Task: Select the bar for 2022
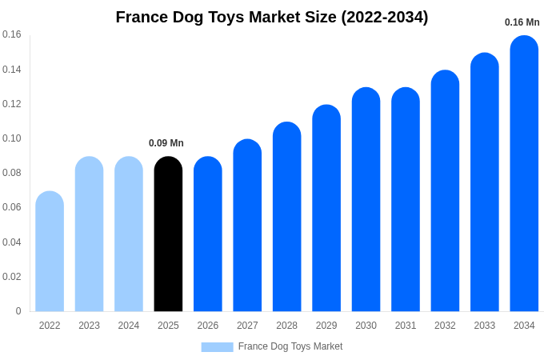[50, 251]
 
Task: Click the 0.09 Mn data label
[166, 143]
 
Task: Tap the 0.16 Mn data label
[522, 22]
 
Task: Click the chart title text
[272, 17]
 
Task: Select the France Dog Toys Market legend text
[290, 346]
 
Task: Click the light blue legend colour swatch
[217, 347]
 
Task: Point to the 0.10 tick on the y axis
[12, 138]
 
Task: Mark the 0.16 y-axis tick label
[12, 34]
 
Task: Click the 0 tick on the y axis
[18, 311]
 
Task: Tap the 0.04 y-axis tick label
[12, 242]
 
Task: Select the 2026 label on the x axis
[208, 326]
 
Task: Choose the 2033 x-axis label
[485, 326]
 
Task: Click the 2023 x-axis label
[89, 326]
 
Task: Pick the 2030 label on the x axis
[366, 326]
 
